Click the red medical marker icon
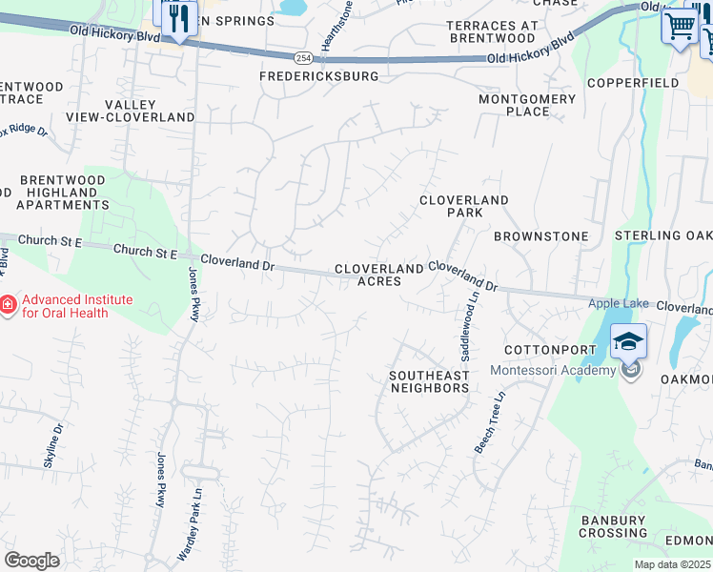pos(7,305)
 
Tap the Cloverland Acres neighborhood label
pos(378,276)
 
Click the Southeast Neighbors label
pos(429,381)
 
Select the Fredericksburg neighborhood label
pos(319,75)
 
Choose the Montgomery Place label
pos(527,105)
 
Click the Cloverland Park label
pos(464,206)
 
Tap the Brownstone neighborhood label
pos(540,235)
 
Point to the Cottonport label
pos(549,350)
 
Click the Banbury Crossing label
pos(614,526)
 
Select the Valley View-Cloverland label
pos(130,111)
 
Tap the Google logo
pos(31,560)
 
